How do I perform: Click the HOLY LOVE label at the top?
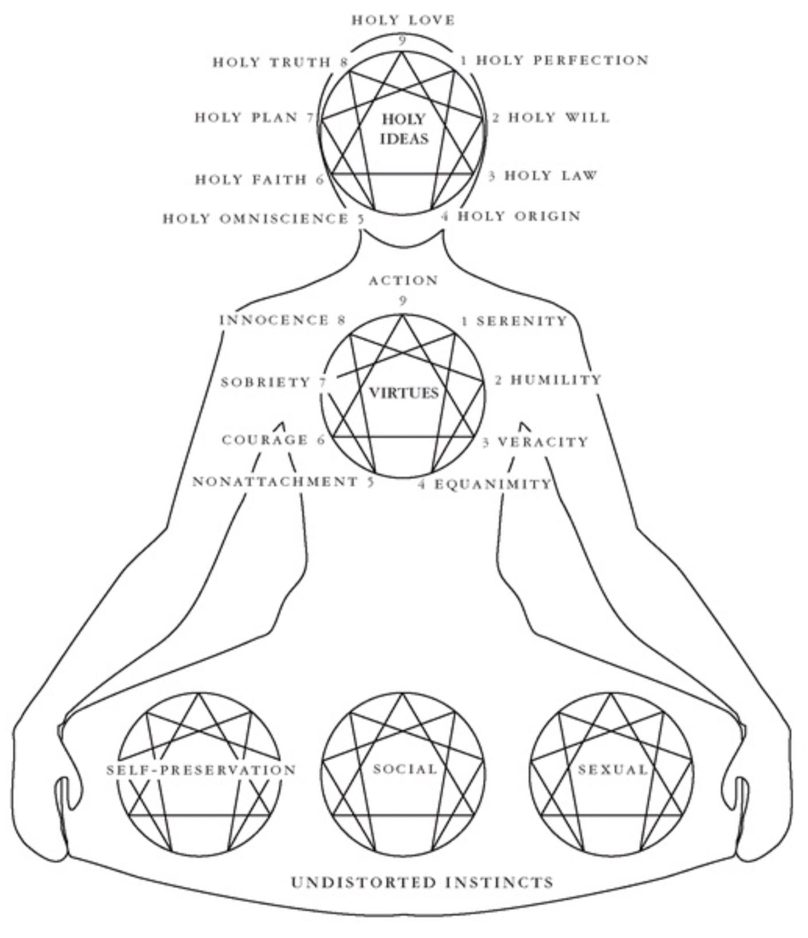click(x=403, y=20)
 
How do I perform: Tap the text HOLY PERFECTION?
click(x=562, y=60)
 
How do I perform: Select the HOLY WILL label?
click(x=559, y=117)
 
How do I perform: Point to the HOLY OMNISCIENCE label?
click(x=256, y=219)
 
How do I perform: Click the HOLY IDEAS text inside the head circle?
click(x=404, y=129)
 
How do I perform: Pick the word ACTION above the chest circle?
click(x=403, y=281)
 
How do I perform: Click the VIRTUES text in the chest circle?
click(x=404, y=393)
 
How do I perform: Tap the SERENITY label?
click(x=521, y=321)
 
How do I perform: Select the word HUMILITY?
click(x=556, y=380)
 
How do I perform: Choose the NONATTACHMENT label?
click(x=275, y=482)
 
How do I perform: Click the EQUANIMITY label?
click(x=492, y=485)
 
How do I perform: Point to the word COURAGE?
click(x=265, y=440)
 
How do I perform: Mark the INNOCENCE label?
click(x=275, y=320)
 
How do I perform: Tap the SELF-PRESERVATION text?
click(x=201, y=770)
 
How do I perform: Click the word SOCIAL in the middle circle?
click(x=405, y=769)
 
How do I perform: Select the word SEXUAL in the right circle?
click(x=612, y=770)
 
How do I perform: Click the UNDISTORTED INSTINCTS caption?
click(x=422, y=882)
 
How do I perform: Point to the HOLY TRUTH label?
click(x=272, y=62)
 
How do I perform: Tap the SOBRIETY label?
click(x=266, y=382)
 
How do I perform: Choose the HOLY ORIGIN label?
click(x=519, y=217)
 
